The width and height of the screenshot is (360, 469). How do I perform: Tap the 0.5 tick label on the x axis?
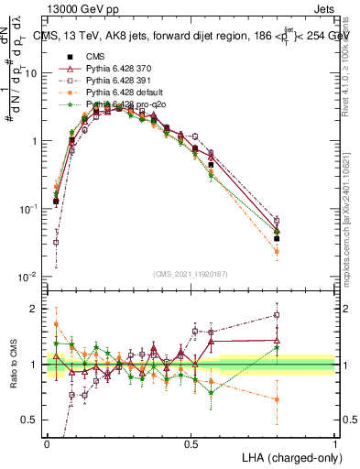tap(191, 443)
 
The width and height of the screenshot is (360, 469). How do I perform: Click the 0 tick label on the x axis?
tap(47, 443)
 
